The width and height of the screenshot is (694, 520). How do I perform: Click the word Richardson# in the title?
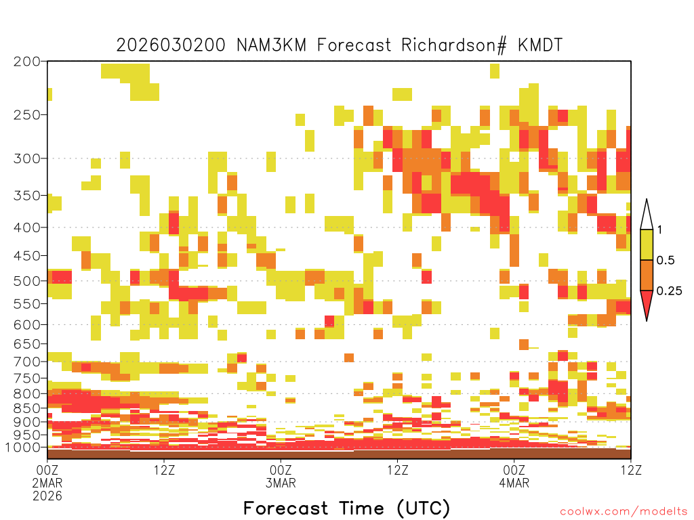[453, 45]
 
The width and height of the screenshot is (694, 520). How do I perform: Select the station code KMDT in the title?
[540, 45]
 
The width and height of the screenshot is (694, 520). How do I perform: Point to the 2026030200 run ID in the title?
[171, 45]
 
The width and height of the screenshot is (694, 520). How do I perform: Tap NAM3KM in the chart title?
[271, 45]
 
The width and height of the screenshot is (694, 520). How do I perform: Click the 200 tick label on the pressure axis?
[27, 62]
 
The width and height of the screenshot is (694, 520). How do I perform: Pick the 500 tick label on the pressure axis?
[27, 281]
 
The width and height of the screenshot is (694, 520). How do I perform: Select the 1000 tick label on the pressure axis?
[22, 448]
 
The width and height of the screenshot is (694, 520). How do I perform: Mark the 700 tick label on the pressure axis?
[27, 362]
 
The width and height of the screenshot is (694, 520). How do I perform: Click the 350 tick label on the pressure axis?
[27, 196]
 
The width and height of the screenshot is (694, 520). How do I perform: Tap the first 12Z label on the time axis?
[164, 470]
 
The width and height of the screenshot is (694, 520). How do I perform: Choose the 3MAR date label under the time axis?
[281, 483]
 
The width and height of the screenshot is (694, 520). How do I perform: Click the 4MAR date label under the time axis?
[514, 483]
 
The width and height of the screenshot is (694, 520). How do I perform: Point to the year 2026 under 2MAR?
[47, 496]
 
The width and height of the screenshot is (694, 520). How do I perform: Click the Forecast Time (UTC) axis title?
[346, 508]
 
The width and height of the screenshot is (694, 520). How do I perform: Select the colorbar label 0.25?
[669, 291]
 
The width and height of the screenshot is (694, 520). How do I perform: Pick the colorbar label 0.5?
[666, 261]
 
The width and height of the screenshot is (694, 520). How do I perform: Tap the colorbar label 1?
[660, 230]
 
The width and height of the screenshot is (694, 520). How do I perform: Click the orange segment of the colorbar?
[647, 276]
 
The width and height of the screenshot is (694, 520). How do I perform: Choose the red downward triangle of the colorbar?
[647, 303]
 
